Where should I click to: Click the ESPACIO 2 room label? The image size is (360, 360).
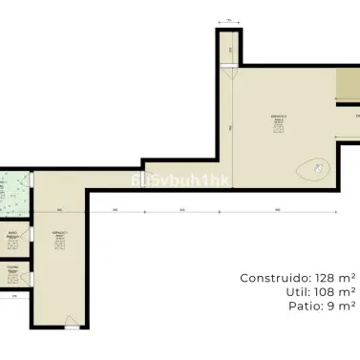(278, 118)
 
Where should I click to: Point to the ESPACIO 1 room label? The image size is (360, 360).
(58, 234)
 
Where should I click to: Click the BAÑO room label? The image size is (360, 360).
(13, 235)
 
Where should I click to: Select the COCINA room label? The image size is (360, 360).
(13, 268)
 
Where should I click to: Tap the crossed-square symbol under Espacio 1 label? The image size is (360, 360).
(58, 245)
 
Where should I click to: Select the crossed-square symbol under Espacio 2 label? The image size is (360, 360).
(278, 130)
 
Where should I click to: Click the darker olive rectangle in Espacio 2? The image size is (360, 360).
(346, 88)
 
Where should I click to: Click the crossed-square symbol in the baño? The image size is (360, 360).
(13, 244)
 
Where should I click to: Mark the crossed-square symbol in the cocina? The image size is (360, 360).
(13, 278)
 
